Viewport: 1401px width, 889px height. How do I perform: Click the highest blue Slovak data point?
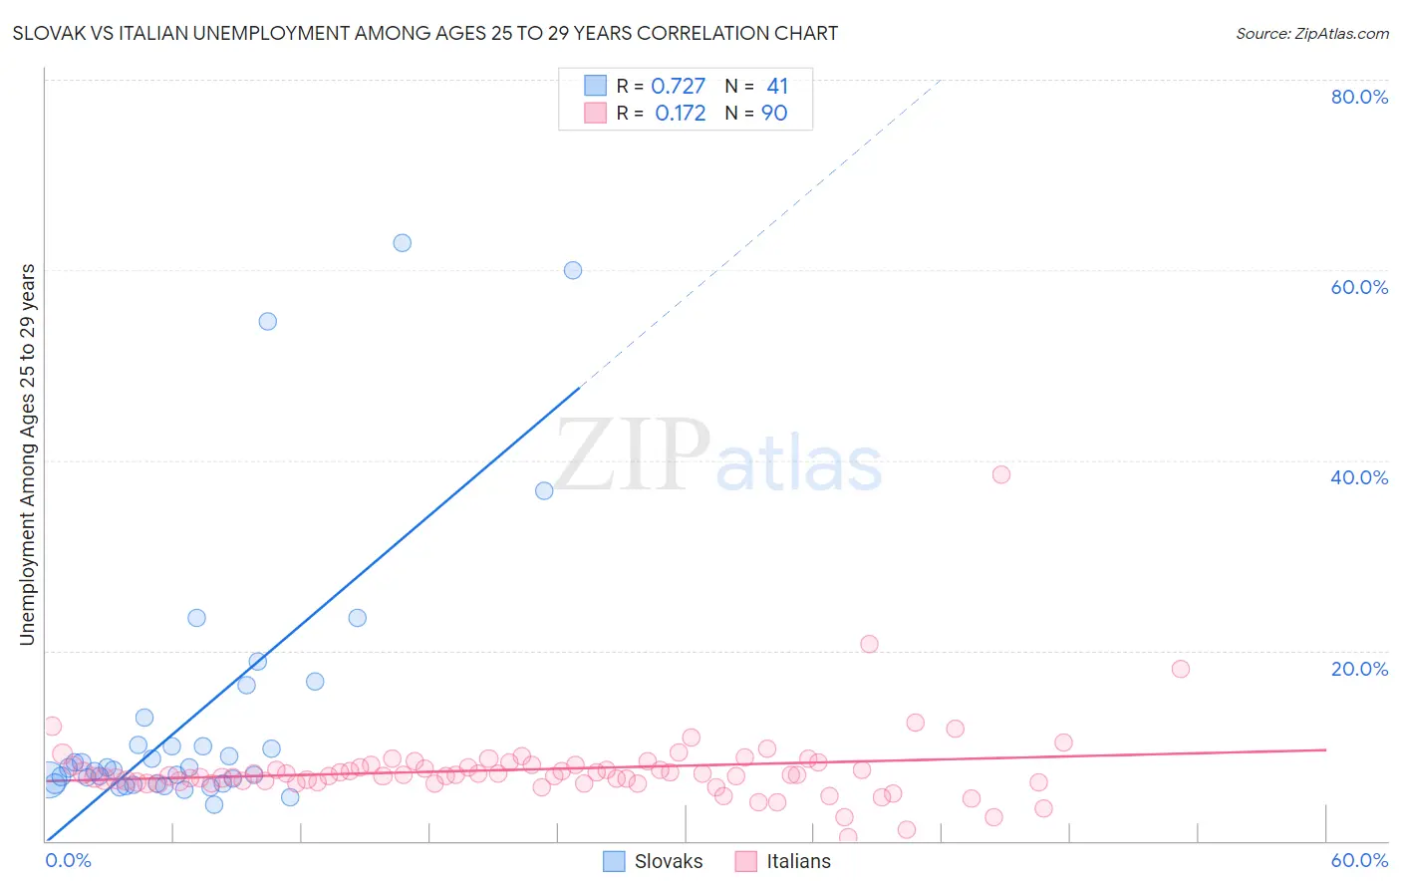(402, 242)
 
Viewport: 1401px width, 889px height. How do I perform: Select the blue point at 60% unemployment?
(573, 270)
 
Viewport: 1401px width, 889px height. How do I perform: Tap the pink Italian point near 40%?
(1001, 474)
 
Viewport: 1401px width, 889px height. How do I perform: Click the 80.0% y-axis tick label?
(1359, 97)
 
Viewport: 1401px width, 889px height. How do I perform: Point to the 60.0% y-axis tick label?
(1359, 287)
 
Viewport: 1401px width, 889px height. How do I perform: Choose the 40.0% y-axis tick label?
(1359, 477)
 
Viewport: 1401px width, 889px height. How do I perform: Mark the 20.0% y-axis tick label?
(1359, 669)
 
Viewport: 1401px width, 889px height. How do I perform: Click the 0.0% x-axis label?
(69, 860)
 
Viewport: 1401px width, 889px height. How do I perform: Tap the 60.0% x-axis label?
(1359, 860)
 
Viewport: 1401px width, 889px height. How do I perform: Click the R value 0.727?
(678, 87)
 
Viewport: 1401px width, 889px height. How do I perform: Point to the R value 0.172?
(680, 114)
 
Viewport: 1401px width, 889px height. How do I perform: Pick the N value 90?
(774, 114)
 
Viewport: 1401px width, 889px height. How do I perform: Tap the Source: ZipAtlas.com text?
(1311, 33)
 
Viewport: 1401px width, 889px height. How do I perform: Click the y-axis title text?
(27, 454)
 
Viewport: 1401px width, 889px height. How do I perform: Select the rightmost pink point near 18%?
(1181, 669)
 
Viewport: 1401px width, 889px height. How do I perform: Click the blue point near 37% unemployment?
(544, 490)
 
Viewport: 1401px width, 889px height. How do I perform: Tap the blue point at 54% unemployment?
(267, 321)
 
